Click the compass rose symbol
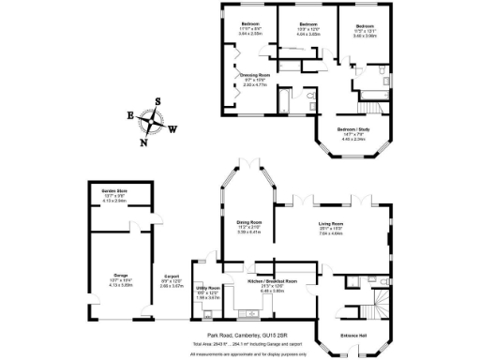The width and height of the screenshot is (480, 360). tap(153, 122)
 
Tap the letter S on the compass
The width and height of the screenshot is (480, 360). tap(157, 101)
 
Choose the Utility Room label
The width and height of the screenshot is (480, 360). tap(207, 288)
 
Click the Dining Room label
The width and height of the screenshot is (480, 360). tap(248, 222)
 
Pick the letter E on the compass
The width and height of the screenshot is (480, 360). tap(130, 116)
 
